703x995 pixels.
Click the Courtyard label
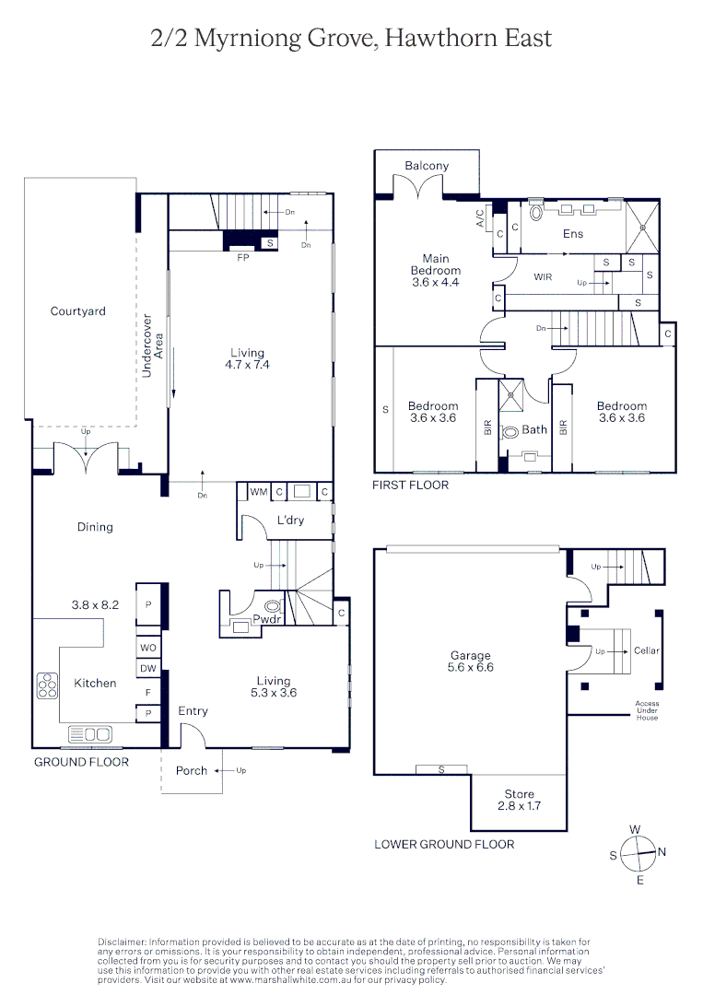(x=77, y=311)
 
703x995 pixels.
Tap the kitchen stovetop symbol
(x=45, y=685)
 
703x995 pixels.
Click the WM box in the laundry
(x=259, y=492)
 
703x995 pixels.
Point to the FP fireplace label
(x=243, y=258)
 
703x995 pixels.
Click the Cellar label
(x=647, y=650)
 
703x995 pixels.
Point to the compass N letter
(x=662, y=852)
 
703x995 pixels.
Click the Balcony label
(x=427, y=166)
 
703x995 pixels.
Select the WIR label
(x=543, y=276)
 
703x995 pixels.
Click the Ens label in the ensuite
(x=573, y=234)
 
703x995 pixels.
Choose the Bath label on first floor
(x=534, y=429)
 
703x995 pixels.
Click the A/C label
(x=479, y=218)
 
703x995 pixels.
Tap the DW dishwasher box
(x=147, y=668)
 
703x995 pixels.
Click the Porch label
(x=192, y=770)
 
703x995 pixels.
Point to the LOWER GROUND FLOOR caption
(x=444, y=844)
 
